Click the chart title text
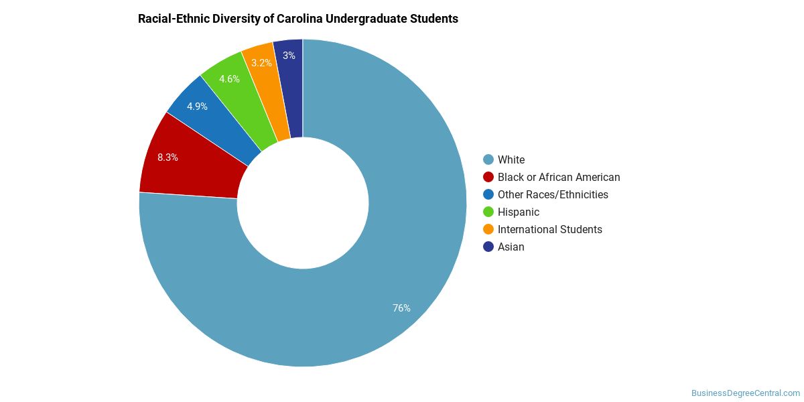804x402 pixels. click(x=298, y=19)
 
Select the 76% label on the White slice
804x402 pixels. click(x=401, y=308)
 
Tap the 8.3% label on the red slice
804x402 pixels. click(x=167, y=157)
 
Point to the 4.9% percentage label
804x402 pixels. click(x=197, y=107)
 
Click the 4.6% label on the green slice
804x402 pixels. click(x=229, y=79)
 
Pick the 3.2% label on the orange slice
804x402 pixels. click(x=261, y=63)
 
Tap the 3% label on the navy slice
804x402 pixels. click(x=289, y=56)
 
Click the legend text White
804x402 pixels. click(x=511, y=159)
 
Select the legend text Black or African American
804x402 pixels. click(x=559, y=178)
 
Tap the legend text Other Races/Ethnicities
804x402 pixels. click(x=553, y=194)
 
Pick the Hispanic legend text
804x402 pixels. click(x=519, y=212)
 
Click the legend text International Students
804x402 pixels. click(x=550, y=229)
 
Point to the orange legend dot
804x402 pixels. click(x=488, y=229)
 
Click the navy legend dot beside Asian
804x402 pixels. click(x=488, y=247)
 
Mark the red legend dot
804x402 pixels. click(x=488, y=178)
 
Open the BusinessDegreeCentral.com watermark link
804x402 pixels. click(x=746, y=393)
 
